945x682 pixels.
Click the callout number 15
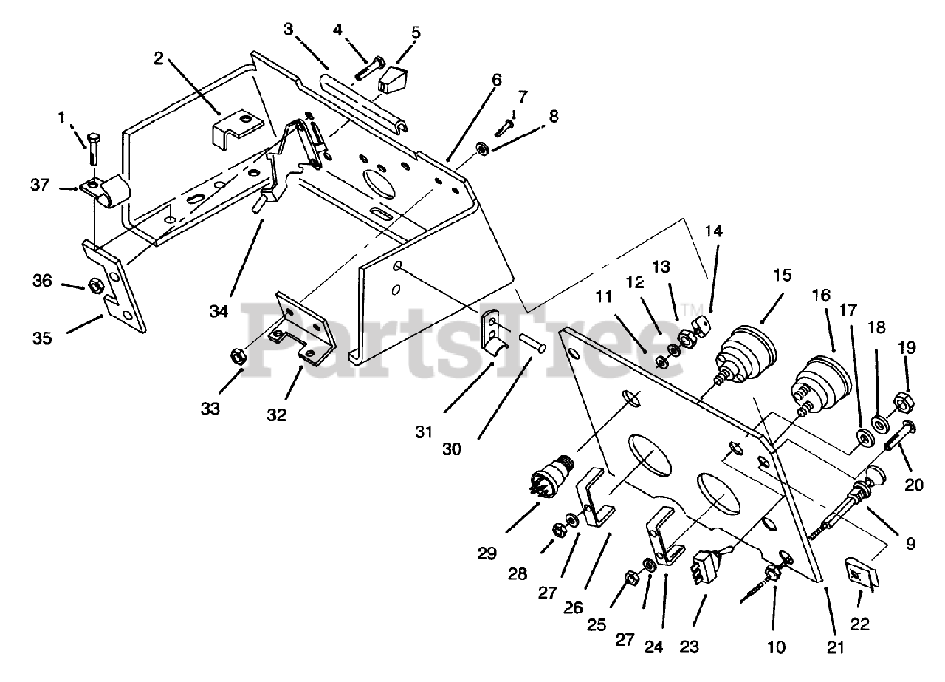783,276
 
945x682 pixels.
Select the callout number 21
835,648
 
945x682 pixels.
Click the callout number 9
910,544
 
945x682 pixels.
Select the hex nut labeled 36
94,284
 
